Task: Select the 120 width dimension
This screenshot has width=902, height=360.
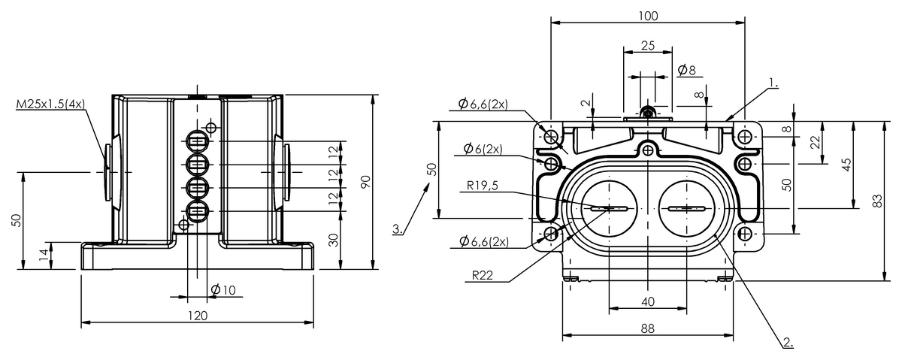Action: tap(197, 316)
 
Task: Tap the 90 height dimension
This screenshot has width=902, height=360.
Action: tap(366, 182)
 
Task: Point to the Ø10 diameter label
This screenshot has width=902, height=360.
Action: tap(223, 290)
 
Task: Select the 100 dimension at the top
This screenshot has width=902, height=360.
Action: tap(649, 16)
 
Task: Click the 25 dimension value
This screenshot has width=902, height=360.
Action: tap(648, 45)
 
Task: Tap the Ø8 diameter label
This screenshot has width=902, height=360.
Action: tap(686, 70)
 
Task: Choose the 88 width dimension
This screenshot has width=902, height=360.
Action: tap(648, 328)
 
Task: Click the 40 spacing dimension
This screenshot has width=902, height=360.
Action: tap(648, 301)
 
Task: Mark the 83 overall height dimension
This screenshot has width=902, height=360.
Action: tap(877, 201)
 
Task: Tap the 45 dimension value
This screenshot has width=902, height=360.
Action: tap(846, 165)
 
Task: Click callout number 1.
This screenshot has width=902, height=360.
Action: tap(774, 82)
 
